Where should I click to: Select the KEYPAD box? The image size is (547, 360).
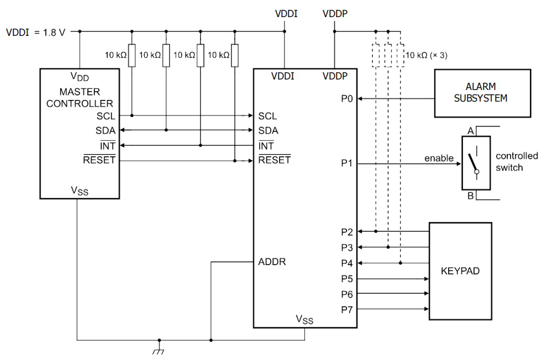tap(460, 271)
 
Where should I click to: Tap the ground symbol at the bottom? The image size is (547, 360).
tap(159, 350)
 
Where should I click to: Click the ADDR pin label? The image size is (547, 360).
tap(272, 262)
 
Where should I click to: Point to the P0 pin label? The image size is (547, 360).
tap(347, 99)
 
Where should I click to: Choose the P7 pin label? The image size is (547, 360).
tap(347, 309)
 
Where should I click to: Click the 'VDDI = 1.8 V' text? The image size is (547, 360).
tap(35, 31)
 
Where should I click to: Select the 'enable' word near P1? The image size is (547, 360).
tap(439, 158)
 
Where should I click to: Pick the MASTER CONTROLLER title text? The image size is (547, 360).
tap(80, 97)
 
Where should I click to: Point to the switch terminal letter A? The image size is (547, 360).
tap(470, 131)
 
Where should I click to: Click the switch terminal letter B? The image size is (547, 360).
tap(470, 196)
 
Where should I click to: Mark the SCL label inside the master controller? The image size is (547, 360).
tap(106, 116)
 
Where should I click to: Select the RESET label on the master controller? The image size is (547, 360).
tap(99, 160)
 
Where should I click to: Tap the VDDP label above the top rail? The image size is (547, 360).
tap(334, 13)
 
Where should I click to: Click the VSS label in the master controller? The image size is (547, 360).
tap(80, 191)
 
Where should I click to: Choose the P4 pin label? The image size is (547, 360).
tap(347, 263)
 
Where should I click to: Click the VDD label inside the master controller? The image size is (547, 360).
tap(80, 76)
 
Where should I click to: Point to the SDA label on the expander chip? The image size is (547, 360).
tap(268, 131)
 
